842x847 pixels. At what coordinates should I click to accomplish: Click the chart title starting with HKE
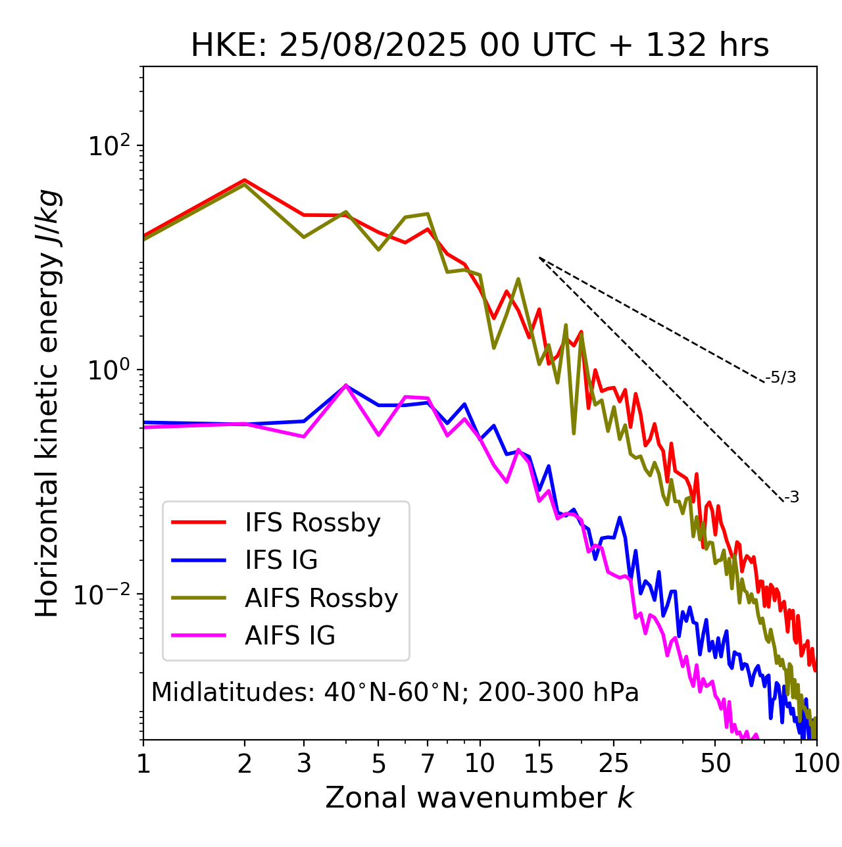(x=480, y=46)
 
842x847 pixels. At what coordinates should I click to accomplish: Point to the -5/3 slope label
(x=781, y=377)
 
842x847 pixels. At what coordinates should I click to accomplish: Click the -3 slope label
(x=791, y=498)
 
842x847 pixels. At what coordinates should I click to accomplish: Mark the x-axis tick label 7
(x=428, y=763)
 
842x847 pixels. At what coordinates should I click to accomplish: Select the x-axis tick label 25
(x=614, y=763)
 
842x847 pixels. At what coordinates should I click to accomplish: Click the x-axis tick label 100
(x=816, y=763)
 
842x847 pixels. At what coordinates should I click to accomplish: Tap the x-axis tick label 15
(x=539, y=763)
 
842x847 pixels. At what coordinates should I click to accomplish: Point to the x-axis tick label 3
(x=303, y=763)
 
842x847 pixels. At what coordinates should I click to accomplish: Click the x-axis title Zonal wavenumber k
(x=480, y=798)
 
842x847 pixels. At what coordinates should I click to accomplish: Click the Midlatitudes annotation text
(x=395, y=692)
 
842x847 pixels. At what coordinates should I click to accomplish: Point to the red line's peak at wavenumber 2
(x=245, y=180)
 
